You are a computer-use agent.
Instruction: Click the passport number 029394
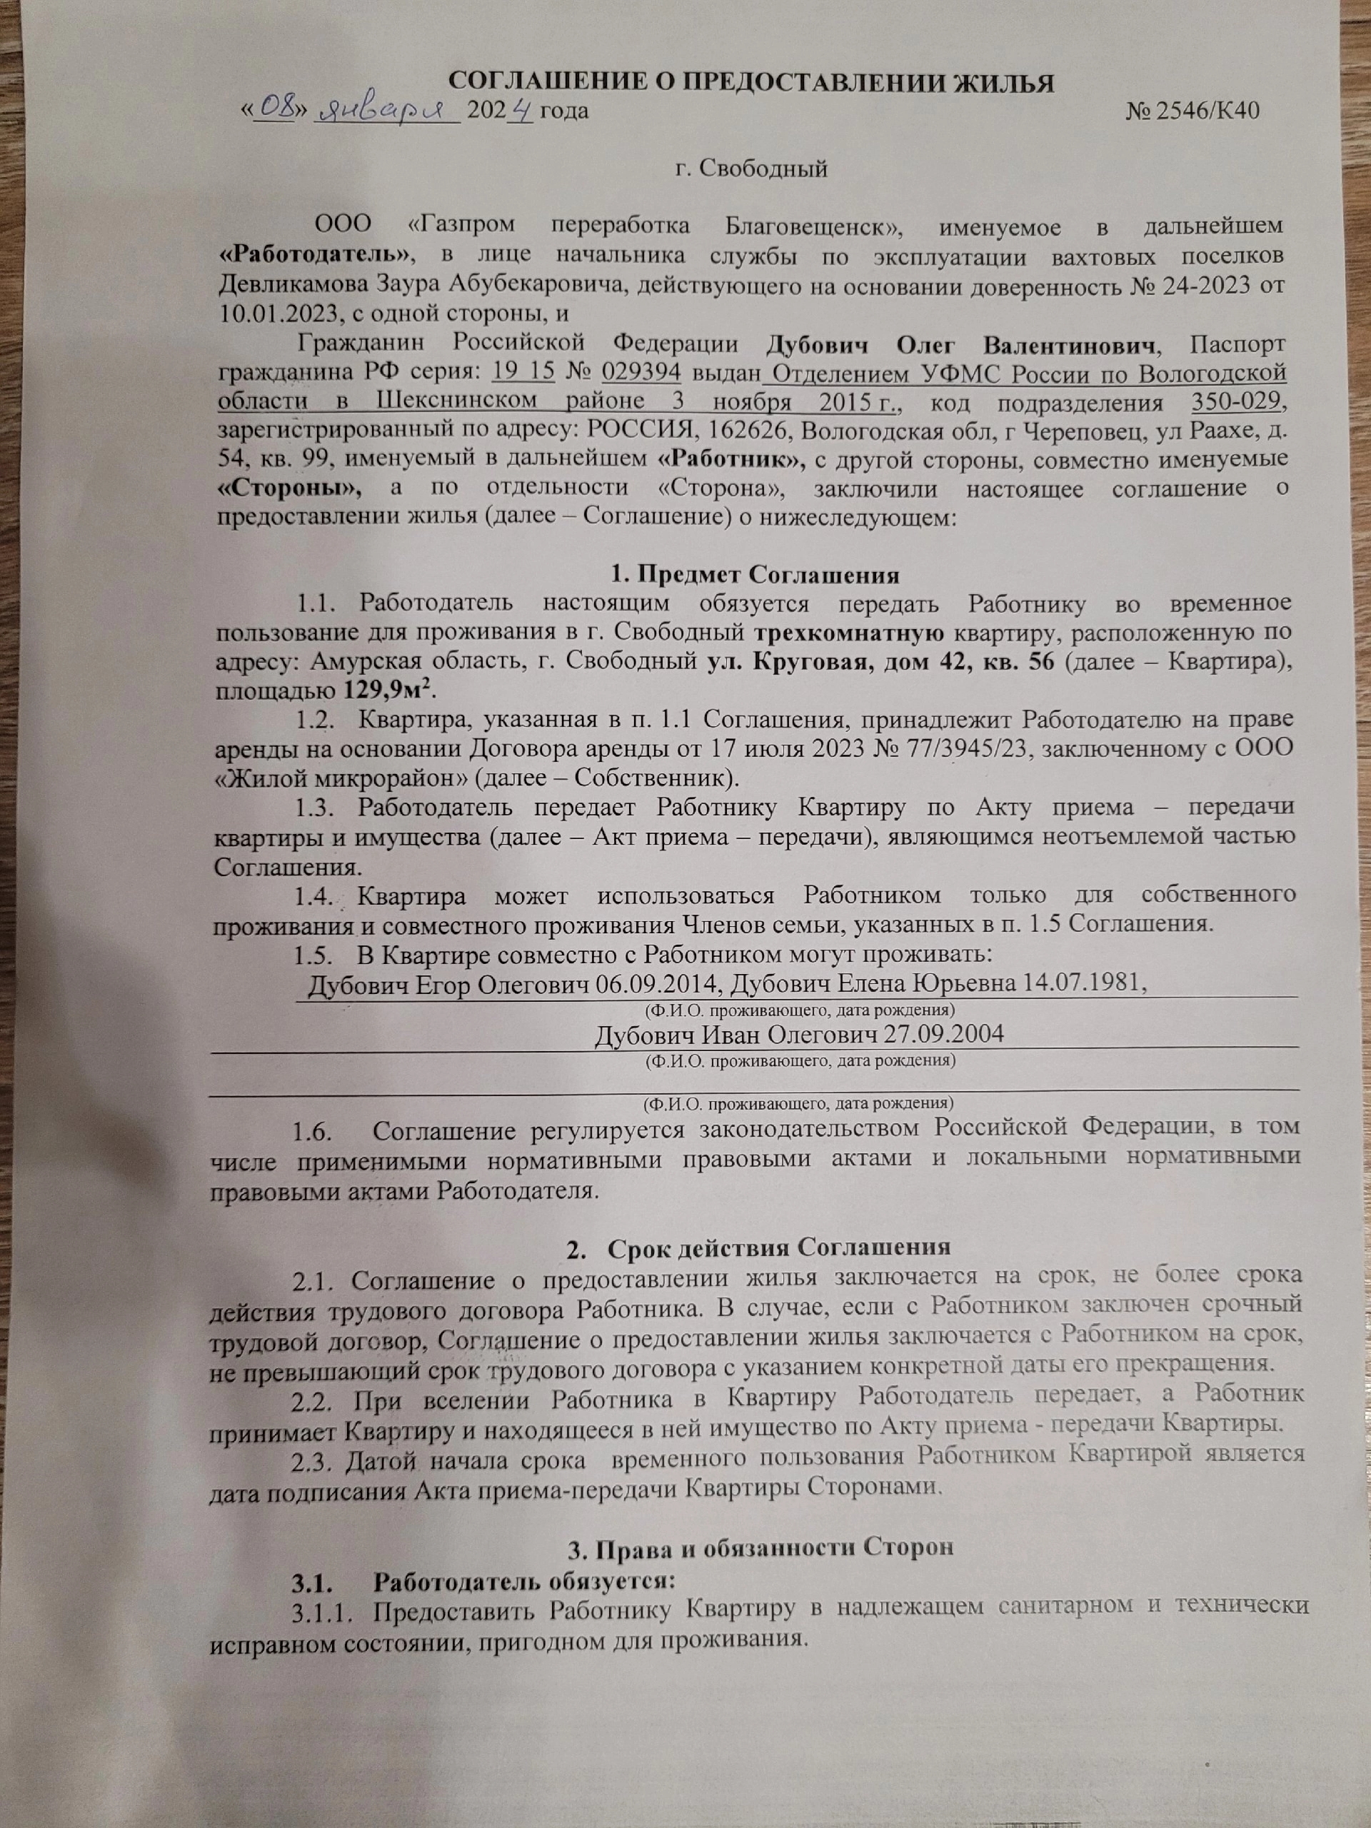pos(641,373)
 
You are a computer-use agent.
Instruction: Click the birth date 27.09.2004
pos(944,1035)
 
